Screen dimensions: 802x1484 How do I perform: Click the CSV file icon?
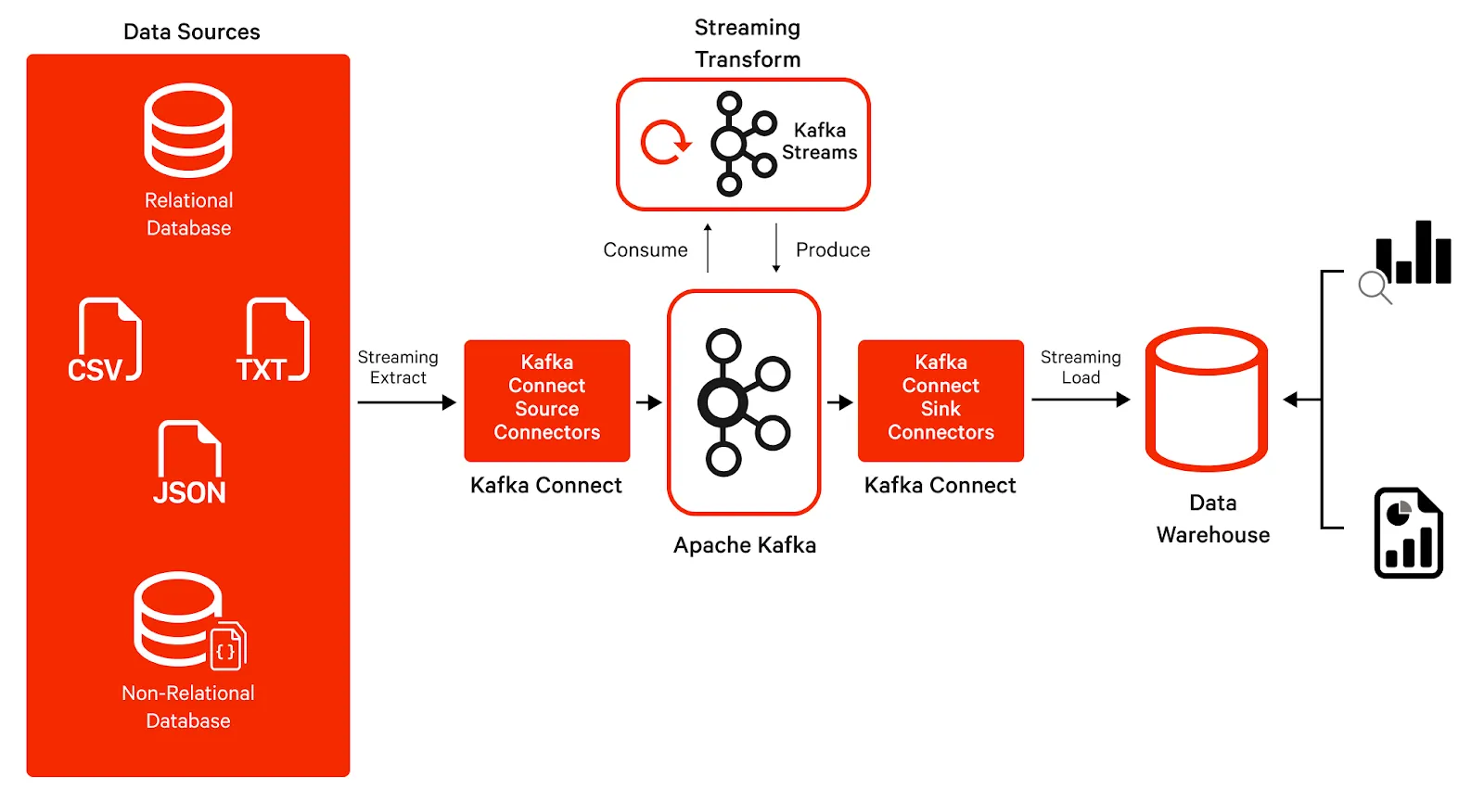coord(105,340)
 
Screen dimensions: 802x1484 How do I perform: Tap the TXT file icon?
coord(275,340)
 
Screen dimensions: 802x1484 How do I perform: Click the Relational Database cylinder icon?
coord(188,131)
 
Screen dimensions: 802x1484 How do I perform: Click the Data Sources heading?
coord(191,32)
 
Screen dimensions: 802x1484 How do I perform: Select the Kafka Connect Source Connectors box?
coord(546,400)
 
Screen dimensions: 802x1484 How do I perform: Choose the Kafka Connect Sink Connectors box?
coord(940,400)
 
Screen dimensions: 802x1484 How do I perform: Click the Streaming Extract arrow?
coord(406,402)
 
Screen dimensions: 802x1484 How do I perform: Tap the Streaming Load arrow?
coord(1080,400)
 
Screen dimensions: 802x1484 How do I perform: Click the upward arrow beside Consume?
coord(708,248)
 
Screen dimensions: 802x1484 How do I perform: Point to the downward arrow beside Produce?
coord(776,248)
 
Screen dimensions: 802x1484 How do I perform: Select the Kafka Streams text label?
coord(819,141)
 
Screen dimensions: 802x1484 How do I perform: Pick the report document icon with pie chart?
coord(1408,533)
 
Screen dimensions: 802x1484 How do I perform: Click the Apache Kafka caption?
coord(745,545)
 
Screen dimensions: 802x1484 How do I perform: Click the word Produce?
coord(833,249)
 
